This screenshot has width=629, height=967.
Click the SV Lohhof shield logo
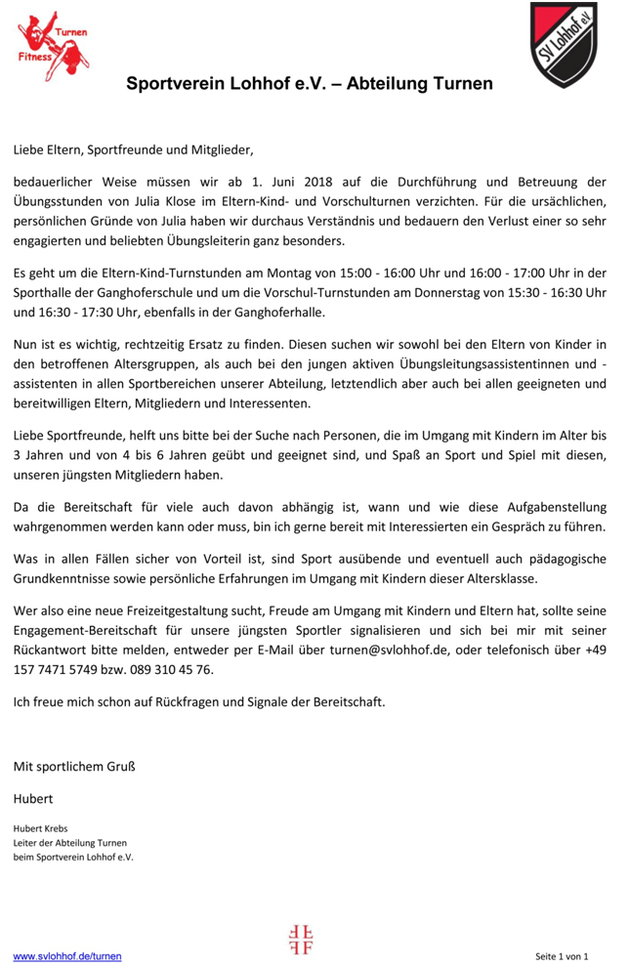tap(564, 44)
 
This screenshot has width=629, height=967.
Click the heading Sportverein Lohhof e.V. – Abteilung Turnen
tap(309, 84)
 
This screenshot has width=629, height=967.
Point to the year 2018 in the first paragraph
tap(318, 182)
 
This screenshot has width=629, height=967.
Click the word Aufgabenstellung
tap(551, 508)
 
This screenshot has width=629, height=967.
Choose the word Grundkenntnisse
tap(65, 579)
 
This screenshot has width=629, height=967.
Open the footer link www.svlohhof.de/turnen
tap(67, 956)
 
